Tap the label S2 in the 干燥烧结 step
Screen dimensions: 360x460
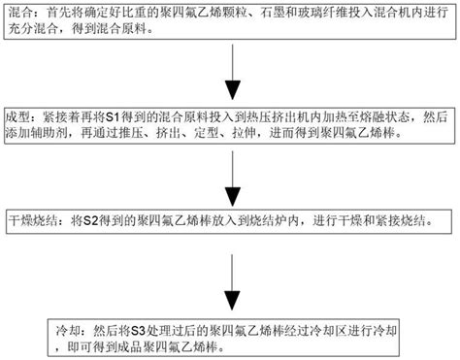tap(94, 219)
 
